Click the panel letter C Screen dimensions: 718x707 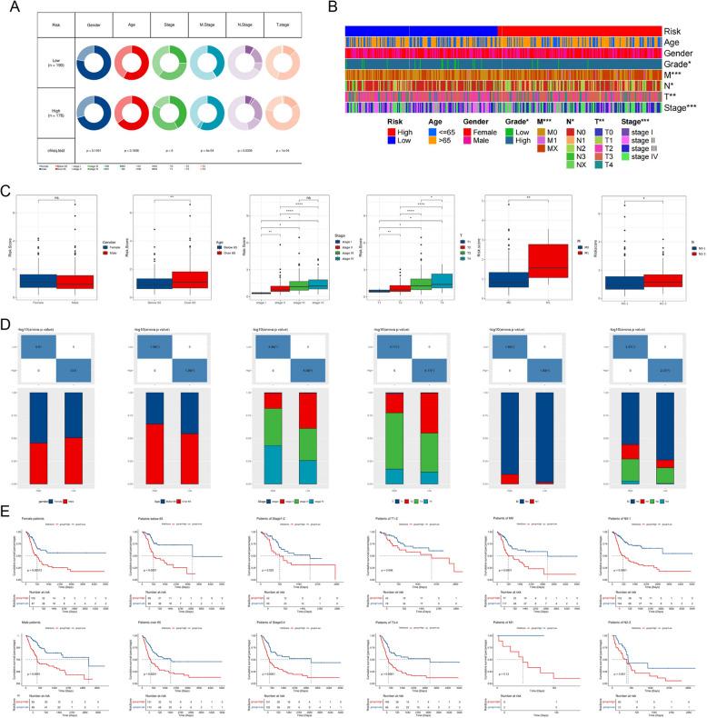8,193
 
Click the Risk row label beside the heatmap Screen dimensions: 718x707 675,31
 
